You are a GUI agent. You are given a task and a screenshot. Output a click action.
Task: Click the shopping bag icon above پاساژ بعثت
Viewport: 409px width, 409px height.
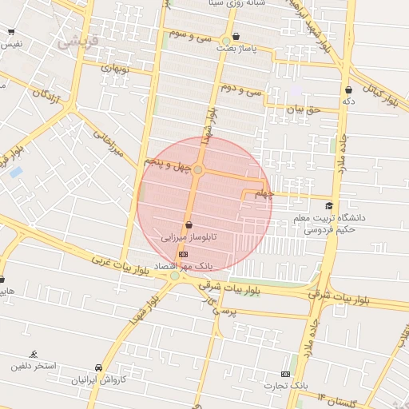pyautogui.click(x=235, y=36)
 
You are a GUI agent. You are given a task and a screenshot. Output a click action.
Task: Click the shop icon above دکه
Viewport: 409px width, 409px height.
pyautogui.click(x=348, y=89)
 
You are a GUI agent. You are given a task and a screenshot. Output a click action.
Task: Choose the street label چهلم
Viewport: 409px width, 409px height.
pyautogui.click(x=264, y=194)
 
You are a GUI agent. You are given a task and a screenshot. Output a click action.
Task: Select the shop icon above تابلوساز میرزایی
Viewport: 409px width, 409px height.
pyautogui.click(x=189, y=225)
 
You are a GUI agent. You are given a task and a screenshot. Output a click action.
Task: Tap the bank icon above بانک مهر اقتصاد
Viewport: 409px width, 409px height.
pyautogui.click(x=183, y=254)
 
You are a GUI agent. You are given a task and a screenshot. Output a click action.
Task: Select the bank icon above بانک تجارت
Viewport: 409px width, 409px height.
pyautogui.click(x=285, y=374)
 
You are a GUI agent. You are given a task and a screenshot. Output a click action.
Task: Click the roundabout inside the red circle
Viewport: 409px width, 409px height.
pyautogui.click(x=198, y=170)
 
